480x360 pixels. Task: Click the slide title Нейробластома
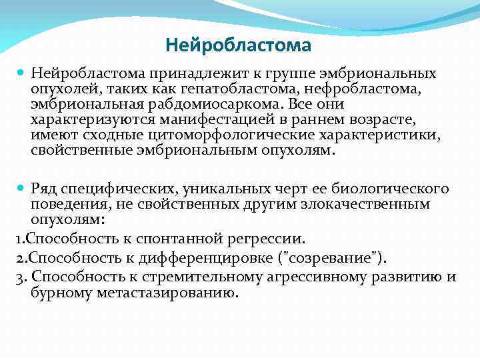pyautogui.click(x=238, y=46)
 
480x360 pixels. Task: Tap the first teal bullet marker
pyautogui.click(x=20, y=73)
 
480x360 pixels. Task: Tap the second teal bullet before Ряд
pyautogui.click(x=20, y=189)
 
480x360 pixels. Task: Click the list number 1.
pyautogui.click(x=16, y=238)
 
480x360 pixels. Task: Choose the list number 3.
pyautogui.click(x=17, y=277)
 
